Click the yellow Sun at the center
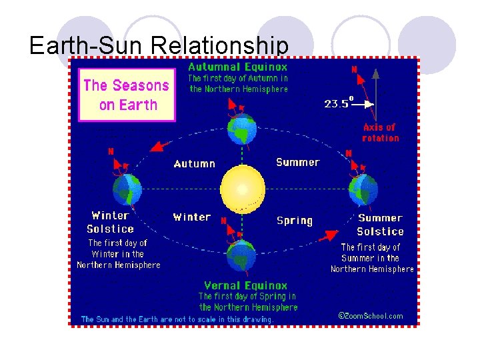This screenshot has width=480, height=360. pos(242,189)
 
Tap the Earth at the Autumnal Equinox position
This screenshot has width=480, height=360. pos(241,129)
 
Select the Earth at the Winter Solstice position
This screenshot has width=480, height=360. pos(127,189)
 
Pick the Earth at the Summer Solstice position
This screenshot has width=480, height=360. pos(363,189)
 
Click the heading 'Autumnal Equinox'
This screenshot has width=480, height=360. pos(238,67)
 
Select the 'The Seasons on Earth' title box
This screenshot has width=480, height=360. pos(127,95)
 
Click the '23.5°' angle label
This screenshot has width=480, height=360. pos(338,103)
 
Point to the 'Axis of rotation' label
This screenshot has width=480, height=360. pos(381,132)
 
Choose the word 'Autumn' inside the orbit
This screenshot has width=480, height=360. pos(194,163)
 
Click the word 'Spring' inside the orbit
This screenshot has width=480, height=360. pos(294,220)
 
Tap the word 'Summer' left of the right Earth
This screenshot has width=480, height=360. pos(297,162)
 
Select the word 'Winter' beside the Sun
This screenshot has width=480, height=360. pos(191,217)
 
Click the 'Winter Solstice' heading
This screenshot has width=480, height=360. pos(110,222)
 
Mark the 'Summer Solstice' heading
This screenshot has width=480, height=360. pos(380,225)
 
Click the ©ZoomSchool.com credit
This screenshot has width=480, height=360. pos(370,315)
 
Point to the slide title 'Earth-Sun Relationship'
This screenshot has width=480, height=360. pos(159,45)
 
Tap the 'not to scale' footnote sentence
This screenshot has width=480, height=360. pos(177,319)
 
